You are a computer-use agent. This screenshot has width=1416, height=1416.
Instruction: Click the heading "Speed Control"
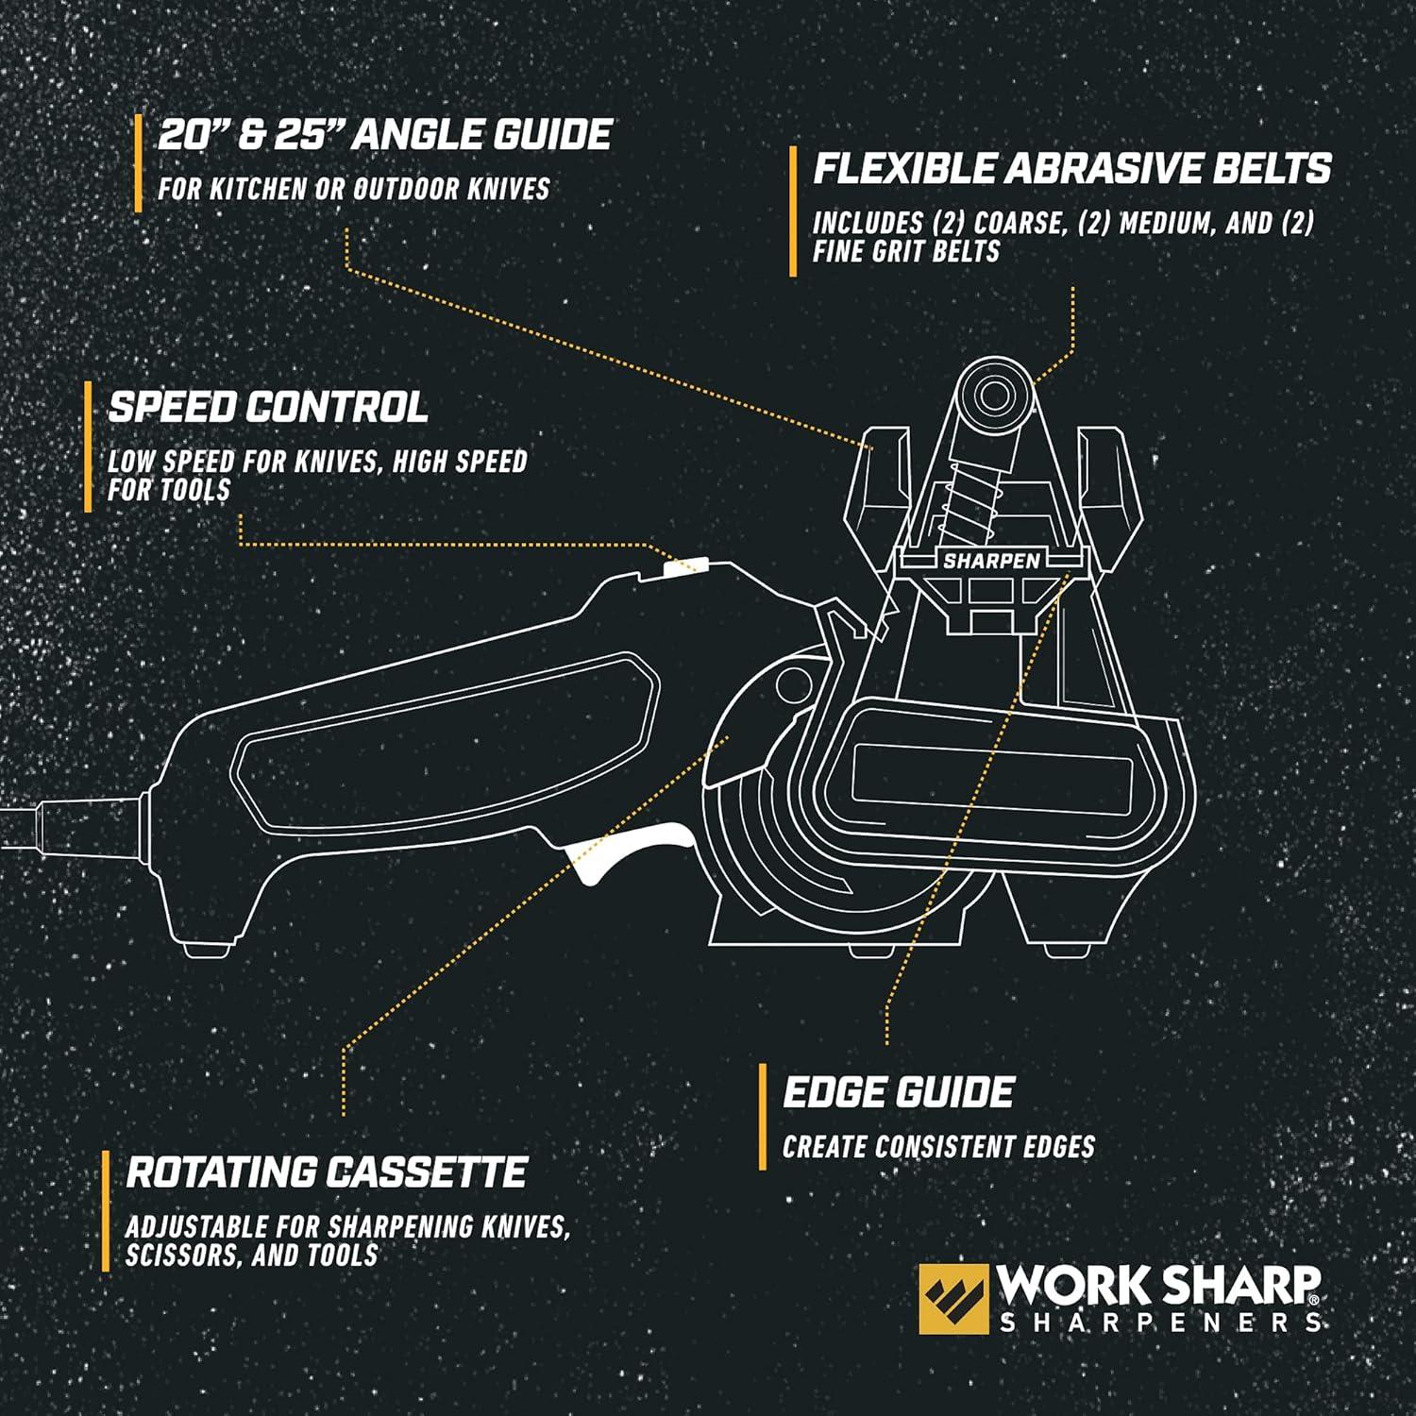click(x=268, y=408)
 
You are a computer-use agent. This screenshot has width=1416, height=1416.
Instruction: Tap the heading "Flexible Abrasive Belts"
click(x=1071, y=169)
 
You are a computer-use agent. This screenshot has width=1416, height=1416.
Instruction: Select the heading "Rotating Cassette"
click(x=326, y=1172)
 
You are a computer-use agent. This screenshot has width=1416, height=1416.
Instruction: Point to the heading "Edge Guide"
click(x=898, y=1092)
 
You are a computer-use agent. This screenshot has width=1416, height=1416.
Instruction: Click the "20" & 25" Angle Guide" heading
click(x=384, y=135)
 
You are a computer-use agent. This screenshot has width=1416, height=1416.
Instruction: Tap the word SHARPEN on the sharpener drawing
click(x=991, y=561)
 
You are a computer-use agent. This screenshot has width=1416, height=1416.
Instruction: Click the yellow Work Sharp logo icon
click(x=953, y=1299)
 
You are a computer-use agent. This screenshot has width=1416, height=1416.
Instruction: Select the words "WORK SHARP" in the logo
click(x=1158, y=1286)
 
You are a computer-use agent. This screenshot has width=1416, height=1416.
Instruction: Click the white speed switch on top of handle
click(x=685, y=566)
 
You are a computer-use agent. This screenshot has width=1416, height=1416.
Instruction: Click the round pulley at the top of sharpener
click(x=991, y=392)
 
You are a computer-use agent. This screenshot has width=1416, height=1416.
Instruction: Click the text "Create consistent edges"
click(x=938, y=1147)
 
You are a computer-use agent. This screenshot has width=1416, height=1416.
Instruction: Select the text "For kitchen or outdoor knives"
click(x=353, y=189)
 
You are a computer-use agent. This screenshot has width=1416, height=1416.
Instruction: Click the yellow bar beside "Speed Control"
click(x=88, y=447)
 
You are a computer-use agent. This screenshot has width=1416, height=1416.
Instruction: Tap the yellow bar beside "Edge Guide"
click(x=763, y=1117)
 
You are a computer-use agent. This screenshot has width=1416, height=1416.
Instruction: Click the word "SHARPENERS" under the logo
click(x=1160, y=1322)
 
